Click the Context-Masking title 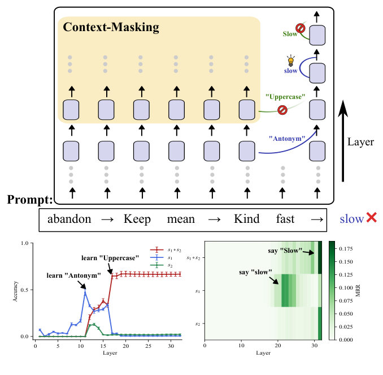[111, 27]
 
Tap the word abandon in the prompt [69, 219]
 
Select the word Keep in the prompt [137, 219]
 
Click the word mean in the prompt [181, 219]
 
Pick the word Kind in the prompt [247, 219]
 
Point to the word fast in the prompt [285, 219]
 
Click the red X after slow [372, 217]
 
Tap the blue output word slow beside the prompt [352, 219]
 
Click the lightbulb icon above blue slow [291, 61]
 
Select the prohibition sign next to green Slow [300, 28]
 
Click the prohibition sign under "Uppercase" [282, 110]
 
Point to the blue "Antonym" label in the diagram [287, 139]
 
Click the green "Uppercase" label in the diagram [285, 97]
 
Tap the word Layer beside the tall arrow [360, 142]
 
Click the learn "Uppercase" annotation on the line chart [110, 258]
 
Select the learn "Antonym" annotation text [74, 275]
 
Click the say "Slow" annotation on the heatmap [285, 251]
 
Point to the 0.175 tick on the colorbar [346, 249]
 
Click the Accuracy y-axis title [15, 291]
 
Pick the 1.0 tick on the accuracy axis [25, 243]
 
